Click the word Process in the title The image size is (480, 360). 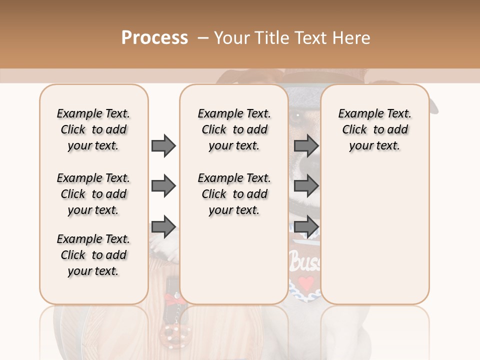click(x=154, y=37)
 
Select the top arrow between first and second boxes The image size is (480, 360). click(x=163, y=146)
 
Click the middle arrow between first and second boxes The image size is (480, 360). click(x=163, y=186)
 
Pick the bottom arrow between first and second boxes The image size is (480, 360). click(x=163, y=227)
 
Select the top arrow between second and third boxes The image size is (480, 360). click(x=306, y=146)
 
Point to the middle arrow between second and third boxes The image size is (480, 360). click(x=306, y=186)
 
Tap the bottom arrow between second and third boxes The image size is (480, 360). click(x=306, y=227)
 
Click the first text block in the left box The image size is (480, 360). click(x=93, y=129)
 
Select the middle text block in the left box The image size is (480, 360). click(x=93, y=194)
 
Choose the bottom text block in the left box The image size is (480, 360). click(x=93, y=255)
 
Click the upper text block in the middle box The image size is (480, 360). click(x=234, y=129)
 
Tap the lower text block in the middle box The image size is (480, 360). click(x=234, y=194)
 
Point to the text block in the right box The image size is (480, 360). click(x=375, y=129)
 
